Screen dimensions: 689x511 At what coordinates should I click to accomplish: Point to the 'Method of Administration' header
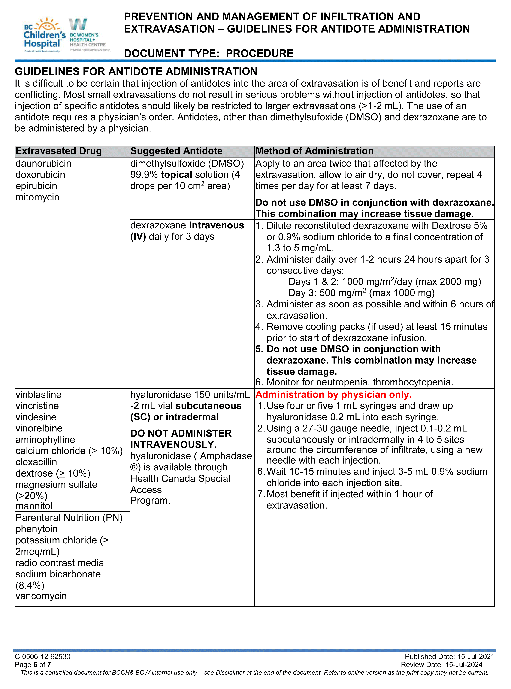[314, 151]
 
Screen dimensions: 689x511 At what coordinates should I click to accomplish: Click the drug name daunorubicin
[43, 163]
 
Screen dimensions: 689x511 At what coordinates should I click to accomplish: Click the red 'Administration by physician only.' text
[333, 395]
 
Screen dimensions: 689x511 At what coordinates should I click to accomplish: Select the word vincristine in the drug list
[37, 406]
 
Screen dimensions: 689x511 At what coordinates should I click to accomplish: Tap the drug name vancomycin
[41, 596]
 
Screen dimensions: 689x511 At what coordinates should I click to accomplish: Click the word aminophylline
[45, 439]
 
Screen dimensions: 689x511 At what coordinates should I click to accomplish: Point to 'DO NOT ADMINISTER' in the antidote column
[181, 433]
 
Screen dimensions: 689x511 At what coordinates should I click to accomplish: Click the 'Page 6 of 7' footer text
[33, 664]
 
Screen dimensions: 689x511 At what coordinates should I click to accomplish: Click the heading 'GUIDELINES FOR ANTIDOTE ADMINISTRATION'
[136, 71]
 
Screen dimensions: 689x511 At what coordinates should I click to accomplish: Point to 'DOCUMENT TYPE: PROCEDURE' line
[209, 53]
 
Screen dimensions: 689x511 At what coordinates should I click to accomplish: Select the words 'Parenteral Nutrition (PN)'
[69, 518]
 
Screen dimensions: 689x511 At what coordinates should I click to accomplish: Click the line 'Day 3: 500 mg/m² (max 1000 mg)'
[361, 293]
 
